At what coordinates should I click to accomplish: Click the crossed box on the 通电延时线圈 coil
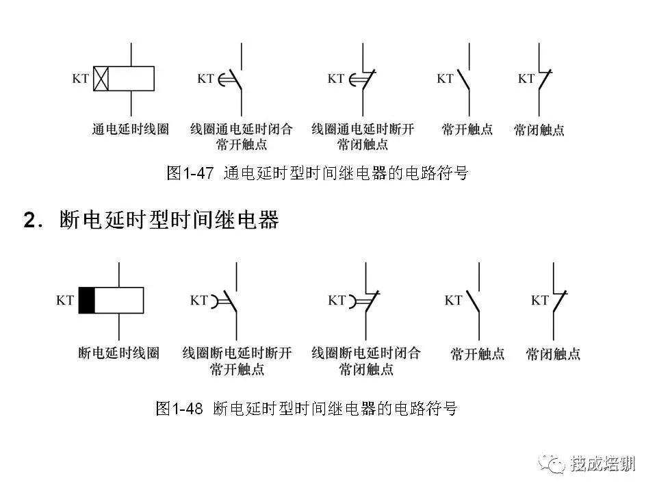[x=101, y=78]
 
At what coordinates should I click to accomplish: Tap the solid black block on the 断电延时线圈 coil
[x=87, y=300]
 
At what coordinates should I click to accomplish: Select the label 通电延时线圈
[x=130, y=129]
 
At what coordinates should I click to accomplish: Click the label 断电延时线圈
[x=118, y=353]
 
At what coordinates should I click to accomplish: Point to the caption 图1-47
[x=190, y=173]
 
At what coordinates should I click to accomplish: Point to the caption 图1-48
[x=179, y=408]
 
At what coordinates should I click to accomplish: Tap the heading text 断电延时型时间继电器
[x=169, y=219]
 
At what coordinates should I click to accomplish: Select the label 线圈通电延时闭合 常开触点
[x=241, y=136]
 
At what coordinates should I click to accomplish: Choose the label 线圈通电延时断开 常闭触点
[x=363, y=136]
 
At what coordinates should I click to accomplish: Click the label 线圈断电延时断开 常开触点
[x=237, y=361]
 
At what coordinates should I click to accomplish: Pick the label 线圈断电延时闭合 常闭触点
[x=365, y=361]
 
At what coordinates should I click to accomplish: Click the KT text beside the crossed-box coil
[x=81, y=78]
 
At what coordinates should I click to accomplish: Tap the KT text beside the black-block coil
[x=65, y=300]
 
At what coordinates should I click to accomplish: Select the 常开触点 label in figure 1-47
[x=467, y=129]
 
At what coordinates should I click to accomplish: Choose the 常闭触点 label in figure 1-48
[x=553, y=354]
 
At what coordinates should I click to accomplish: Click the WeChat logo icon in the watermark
[x=552, y=464]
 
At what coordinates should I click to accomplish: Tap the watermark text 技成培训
[x=602, y=464]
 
